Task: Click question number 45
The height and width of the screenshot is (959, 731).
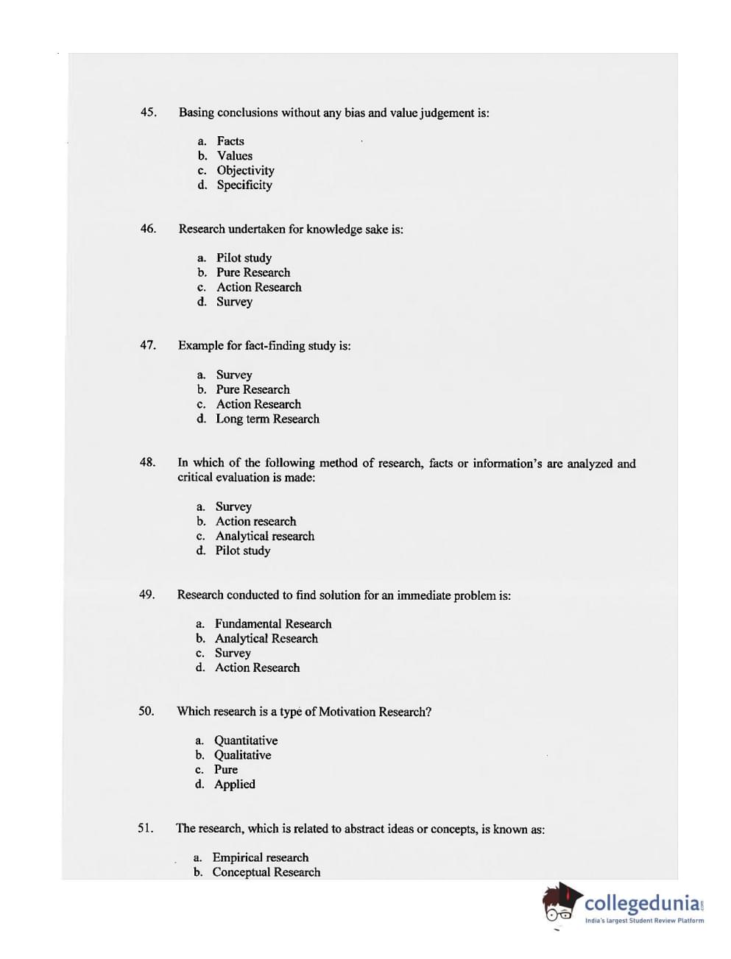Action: point(148,112)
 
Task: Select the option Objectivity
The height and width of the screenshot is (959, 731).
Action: point(245,170)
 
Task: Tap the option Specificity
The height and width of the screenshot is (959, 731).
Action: point(244,185)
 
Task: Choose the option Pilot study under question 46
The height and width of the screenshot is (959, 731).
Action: point(244,258)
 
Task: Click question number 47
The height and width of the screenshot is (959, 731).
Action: point(147,344)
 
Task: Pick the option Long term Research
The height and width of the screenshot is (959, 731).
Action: point(267,419)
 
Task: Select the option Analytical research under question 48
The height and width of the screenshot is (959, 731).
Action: point(264,536)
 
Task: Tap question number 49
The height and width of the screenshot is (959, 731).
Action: point(146,594)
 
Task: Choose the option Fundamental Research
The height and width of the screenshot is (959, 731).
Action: point(273,623)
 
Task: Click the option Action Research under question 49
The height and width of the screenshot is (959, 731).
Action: point(257,668)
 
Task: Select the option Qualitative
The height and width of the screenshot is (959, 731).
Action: point(242,754)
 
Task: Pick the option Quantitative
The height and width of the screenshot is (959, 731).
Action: point(246,740)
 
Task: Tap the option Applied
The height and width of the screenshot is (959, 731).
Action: point(234,784)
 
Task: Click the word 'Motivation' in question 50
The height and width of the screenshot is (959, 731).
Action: point(347,712)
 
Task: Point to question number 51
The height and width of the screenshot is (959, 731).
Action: point(145,828)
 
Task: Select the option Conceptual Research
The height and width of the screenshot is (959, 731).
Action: point(266,872)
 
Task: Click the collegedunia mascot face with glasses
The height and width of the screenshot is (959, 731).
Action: point(559,907)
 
